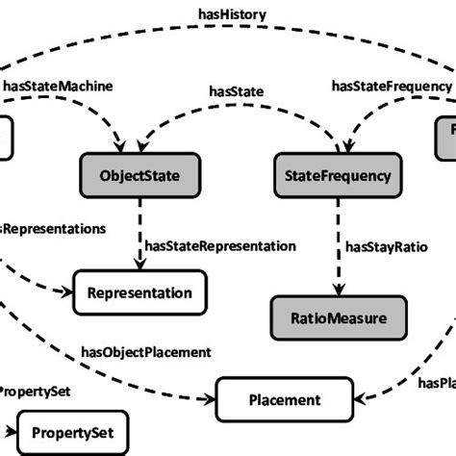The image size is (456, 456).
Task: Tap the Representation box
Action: tap(140, 291)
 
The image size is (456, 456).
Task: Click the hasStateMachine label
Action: tap(58, 86)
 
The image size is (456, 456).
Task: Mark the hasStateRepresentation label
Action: tap(220, 246)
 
